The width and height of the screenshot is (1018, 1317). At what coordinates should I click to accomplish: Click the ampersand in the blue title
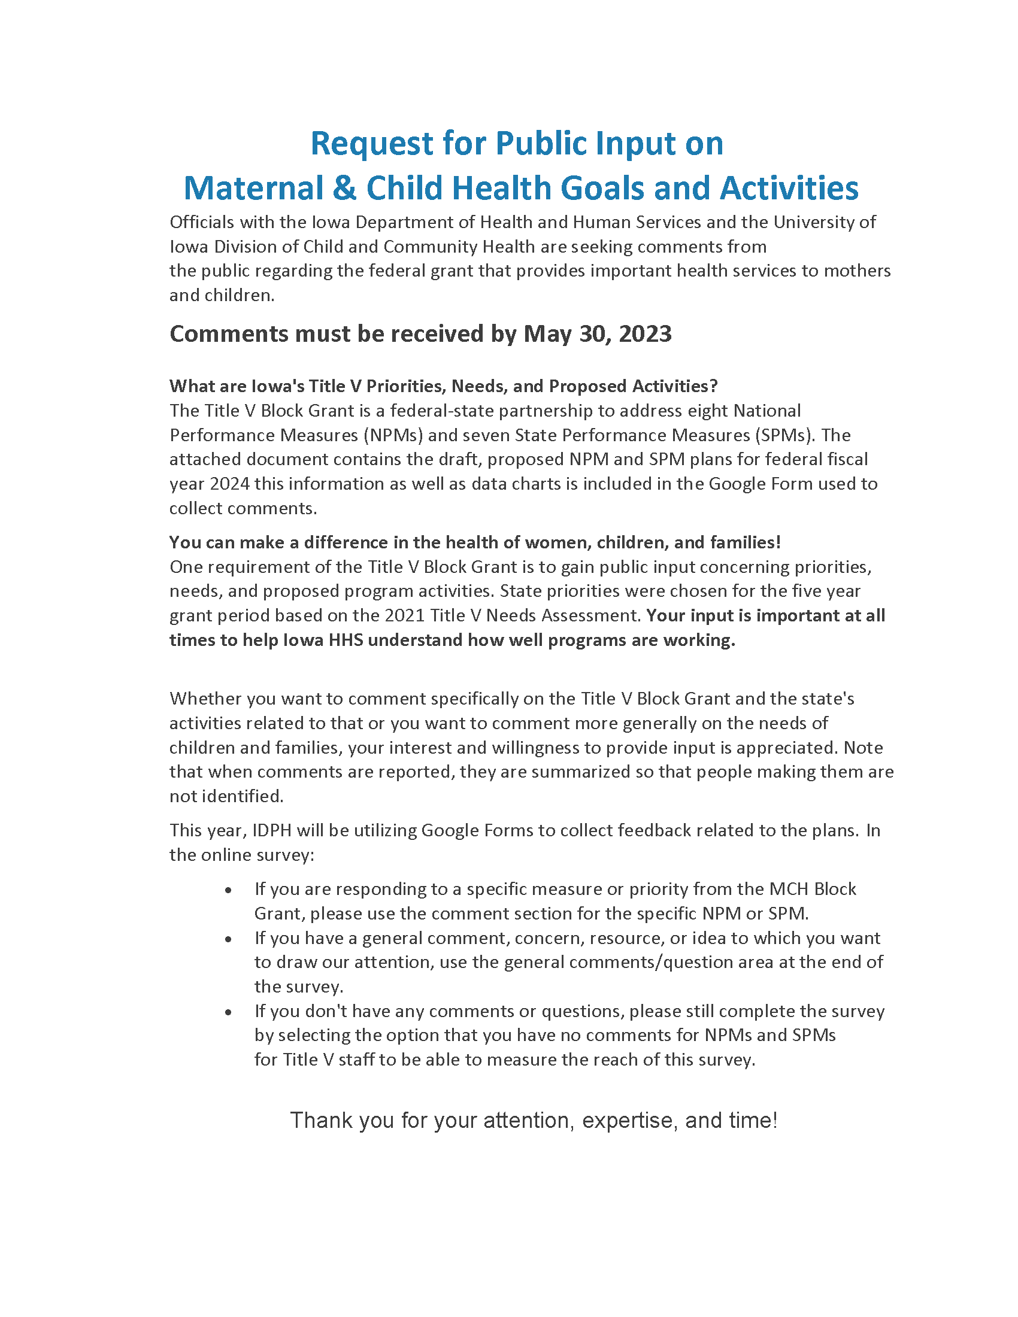[344, 189]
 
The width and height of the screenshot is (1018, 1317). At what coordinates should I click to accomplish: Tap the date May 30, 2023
[597, 334]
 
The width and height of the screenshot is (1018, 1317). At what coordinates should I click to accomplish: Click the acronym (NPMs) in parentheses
[393, 435]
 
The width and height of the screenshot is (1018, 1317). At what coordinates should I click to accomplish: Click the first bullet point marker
[228, 891]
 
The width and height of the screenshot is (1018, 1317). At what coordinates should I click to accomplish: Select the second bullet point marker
[228, 939]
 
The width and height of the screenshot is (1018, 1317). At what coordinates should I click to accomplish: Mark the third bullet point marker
[228, 1012]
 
